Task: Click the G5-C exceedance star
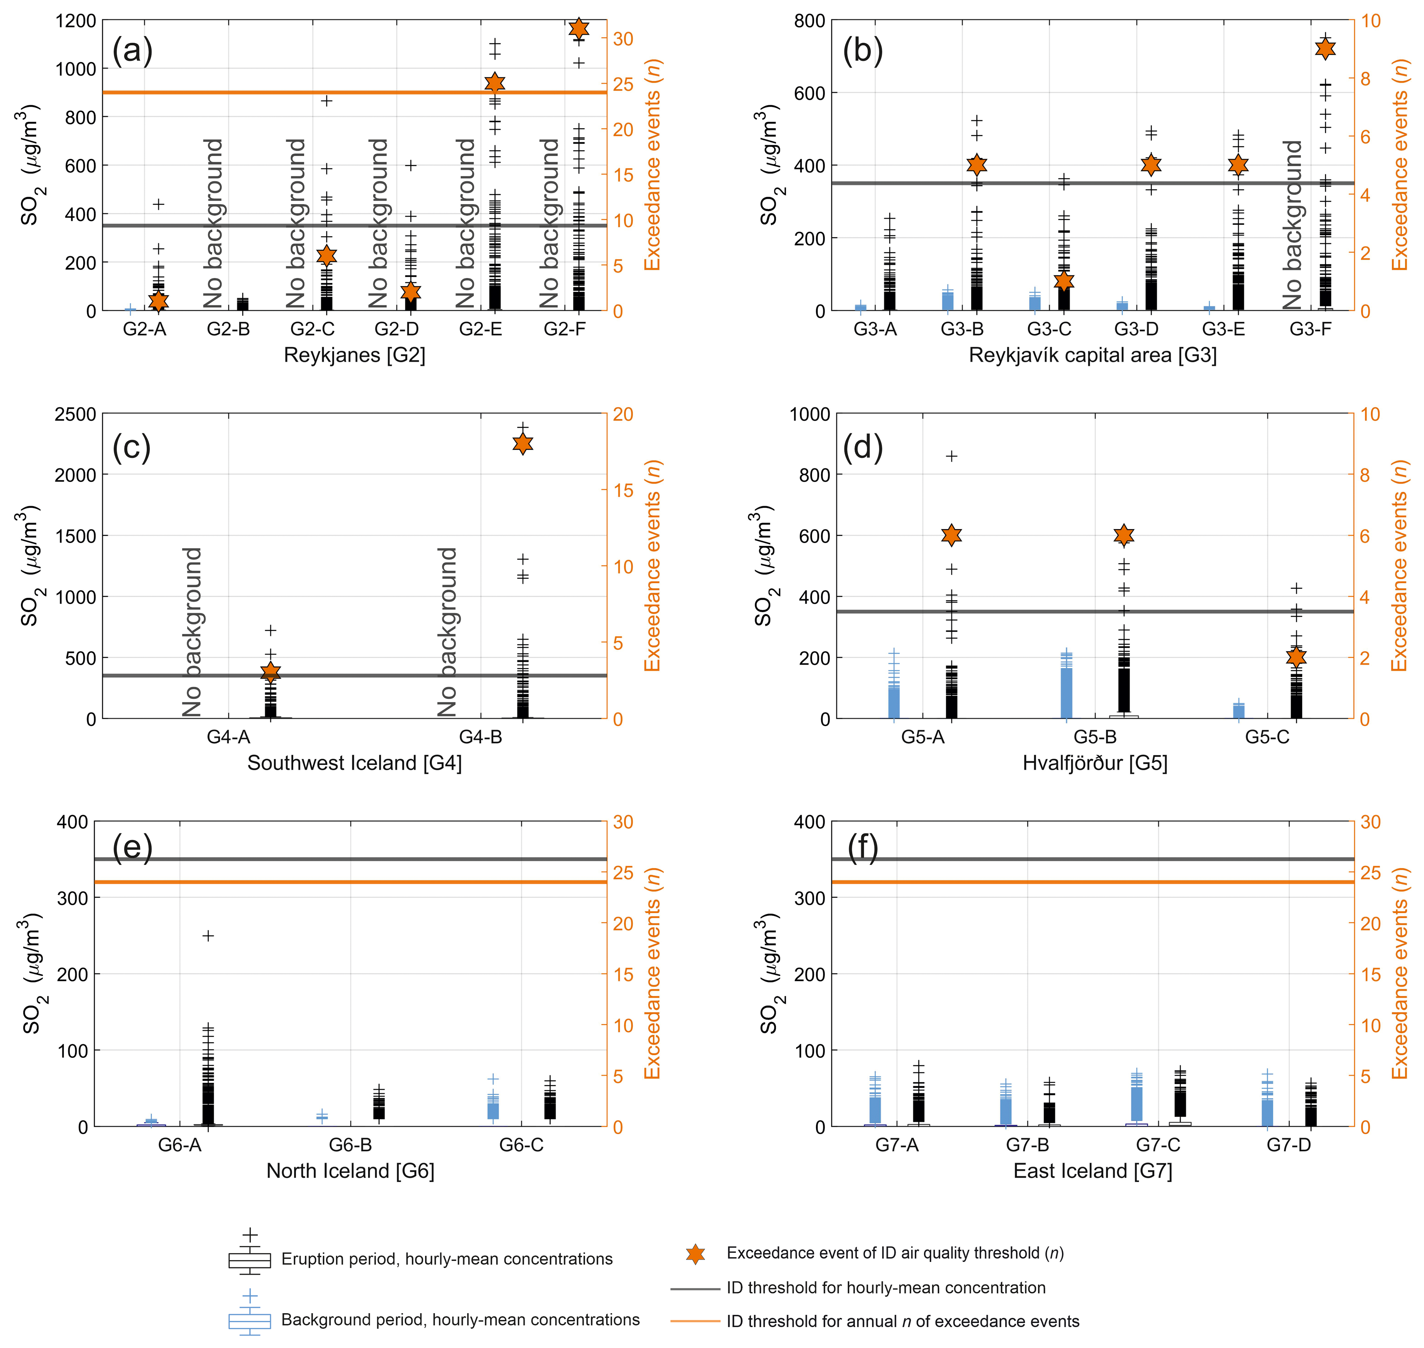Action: pos(1296,657)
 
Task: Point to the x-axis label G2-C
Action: pos(313,329)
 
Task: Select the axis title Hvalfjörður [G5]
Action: pos(1094,763)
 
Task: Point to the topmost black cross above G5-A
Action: pos(951,456)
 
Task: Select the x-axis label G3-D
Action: pos(1136,329)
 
